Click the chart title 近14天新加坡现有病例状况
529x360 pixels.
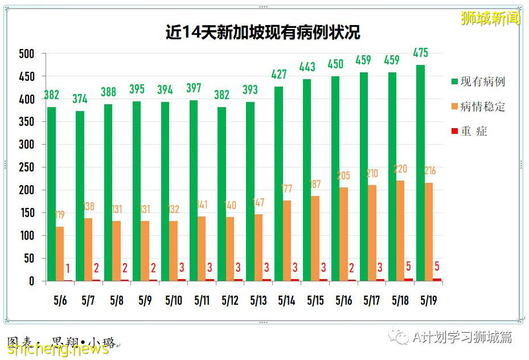263,32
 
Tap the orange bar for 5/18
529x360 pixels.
401,231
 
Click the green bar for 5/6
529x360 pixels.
51,194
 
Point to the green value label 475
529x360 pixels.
420,53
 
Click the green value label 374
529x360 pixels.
80,99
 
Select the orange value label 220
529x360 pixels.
401,169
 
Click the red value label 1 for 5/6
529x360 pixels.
68,268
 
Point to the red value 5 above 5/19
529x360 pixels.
437,266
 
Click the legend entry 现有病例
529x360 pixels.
482,81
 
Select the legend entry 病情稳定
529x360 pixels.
482,107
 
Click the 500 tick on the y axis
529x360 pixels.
27,54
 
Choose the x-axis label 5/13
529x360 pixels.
258,300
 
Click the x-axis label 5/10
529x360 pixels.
173,300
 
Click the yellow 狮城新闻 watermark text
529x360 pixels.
490,18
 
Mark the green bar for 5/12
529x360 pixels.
222,194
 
